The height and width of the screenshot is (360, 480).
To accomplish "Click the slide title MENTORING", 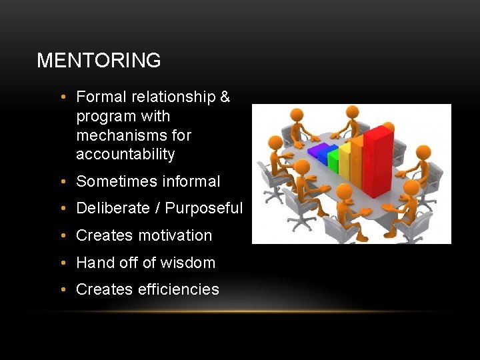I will pyautogui.click(x=99, y=61).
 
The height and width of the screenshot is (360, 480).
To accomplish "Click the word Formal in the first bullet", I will pyautogui.click(x=101, y=97).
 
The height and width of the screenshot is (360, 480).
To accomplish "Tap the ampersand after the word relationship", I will pyautogui.click(x=225, y=97).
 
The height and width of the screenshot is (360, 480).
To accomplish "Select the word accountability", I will pyautogui.click(x=125, y=155).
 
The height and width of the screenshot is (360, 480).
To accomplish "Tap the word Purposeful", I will pyautogui.click(x=204, y=209).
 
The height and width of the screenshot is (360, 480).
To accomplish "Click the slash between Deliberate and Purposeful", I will pyautogui.click(x=158, y=209).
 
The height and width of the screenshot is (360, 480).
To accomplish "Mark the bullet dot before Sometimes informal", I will pyautogui.click(x=62, y=181).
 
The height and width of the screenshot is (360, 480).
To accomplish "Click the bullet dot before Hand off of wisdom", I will pyautogui.click(x=62, y=263).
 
